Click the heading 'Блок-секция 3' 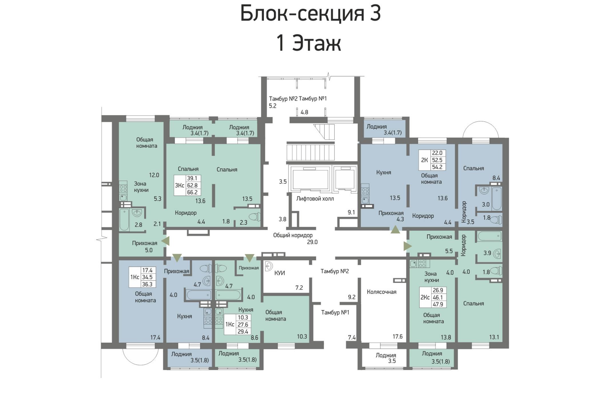coord(311,13)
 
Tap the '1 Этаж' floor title coord(309,43)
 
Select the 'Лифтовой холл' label coord(315,199)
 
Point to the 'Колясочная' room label coord(382,292)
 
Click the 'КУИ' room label coord(279,273)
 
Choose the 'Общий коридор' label coord(293,235)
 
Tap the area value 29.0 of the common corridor coord(312,242)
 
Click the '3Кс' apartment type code coord(180,185)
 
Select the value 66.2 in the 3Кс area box coord(192,192)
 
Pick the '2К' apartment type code coord(424,160)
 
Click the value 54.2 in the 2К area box coord(437,167)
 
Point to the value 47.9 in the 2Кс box coord(438,304)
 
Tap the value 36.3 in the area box coord(147,284)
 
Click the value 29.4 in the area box coord(242,332)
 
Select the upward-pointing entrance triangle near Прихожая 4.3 coord(395,230)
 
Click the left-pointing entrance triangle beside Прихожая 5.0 coord(166,241)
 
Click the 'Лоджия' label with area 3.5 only coord(386,355)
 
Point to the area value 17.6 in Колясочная coord(397,337)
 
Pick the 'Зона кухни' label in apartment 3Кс coord(141,187)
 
